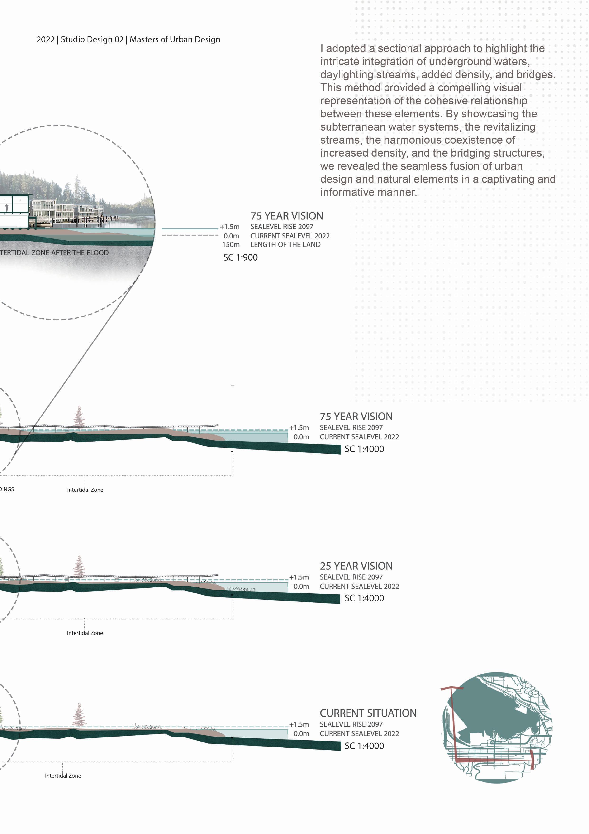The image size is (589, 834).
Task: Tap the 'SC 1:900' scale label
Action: point(240,257)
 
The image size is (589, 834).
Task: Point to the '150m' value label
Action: point(231,244)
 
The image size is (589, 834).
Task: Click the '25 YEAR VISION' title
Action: point(356,566)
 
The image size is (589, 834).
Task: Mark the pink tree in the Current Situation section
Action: point(79,715)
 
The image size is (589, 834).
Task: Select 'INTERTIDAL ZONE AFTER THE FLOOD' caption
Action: point(54,252)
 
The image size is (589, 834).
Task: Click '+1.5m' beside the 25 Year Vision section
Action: point(299,577)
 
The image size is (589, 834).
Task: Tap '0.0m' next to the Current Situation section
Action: point(301,733)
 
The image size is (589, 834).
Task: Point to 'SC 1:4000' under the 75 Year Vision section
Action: point(364,449)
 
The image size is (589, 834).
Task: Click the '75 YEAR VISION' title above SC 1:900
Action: point(287,216)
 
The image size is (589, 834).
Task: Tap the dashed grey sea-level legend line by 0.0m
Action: point(190,235)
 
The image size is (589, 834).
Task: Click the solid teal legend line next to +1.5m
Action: point(190,229)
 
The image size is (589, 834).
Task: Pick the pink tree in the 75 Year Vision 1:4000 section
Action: point(79,417)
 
